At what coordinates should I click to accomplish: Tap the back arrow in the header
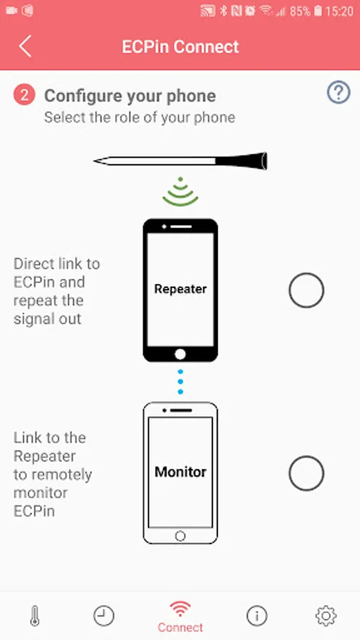pos(25,46)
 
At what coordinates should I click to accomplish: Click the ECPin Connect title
pos(180,46)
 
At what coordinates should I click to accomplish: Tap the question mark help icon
pos(339,92)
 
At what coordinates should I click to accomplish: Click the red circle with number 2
pos(24,95)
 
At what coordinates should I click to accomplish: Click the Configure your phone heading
pos(129,96)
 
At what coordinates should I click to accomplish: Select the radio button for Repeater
pos(306,290)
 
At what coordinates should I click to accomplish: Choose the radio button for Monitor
pos(306,473)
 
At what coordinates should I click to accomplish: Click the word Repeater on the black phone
pos(180,289)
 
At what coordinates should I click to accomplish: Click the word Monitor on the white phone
pos(180,472)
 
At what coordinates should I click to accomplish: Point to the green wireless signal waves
pos(180,192)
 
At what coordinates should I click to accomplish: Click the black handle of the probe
pos(241,161)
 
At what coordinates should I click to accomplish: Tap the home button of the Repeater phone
pos(180,354)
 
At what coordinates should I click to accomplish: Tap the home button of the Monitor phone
pos(180,535)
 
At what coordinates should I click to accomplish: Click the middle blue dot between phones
pos(180,382)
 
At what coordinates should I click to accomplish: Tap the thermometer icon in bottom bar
pos(35,616)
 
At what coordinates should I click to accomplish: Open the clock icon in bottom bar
pos(104,616)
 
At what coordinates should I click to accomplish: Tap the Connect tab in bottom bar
pos(180,617)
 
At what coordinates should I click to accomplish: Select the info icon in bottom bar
pos(257,616)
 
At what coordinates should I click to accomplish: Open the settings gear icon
pos(326,616)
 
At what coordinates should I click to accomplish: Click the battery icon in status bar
pos(319,11)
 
